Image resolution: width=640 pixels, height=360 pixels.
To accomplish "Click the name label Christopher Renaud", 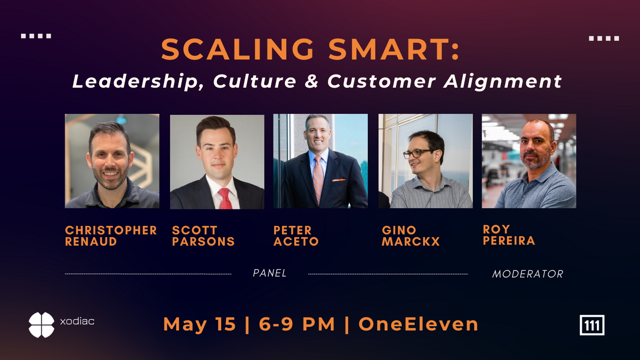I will [x=111, y=236].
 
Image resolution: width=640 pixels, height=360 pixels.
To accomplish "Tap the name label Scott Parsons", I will [x=203, y=236].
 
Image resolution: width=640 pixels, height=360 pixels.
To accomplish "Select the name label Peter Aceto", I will [x=296, y=236].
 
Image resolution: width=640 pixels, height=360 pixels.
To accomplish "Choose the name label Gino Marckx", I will [x=411, y=236].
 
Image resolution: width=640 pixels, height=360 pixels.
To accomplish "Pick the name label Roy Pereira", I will [x=509, y=235].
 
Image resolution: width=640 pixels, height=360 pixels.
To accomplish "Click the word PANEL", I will [x=270, y=273].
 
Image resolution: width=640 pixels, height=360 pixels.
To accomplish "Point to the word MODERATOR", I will [x=528, y=274].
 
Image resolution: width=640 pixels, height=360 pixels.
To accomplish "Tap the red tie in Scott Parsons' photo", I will [x=225, y=198].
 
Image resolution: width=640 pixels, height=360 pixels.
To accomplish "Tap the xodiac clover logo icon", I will [x=42, y=325].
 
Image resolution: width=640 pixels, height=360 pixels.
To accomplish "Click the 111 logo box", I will [x=592, y=325].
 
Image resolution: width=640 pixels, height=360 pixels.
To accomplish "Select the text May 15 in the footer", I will [x=200, y=324].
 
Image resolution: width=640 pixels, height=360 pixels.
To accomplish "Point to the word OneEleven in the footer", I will [x=418, y=324].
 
